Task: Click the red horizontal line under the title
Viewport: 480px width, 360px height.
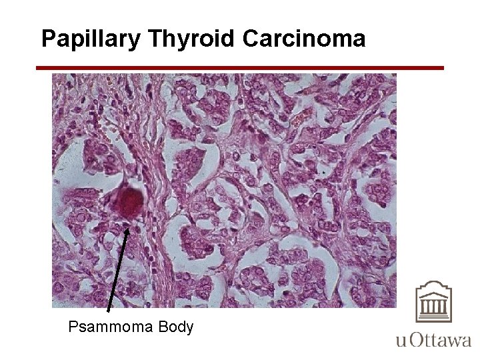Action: pyautogui.click(x=239, y=68)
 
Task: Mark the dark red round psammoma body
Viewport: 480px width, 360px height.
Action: pyautogui.click(x=131, y=201)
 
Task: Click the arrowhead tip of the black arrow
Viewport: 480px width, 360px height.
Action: pyautogui.click(x=128, y=227)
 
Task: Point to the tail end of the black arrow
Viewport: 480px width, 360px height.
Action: pyautogui.click(x=109, y=311)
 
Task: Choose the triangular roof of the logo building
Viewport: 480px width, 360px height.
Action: pyautogui.click(x=434, y=288)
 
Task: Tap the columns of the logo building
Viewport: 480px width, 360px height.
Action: pyautogui.click(x=434, y=307)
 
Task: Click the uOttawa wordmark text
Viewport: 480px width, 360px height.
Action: pyautogui.click(x=433, y=341)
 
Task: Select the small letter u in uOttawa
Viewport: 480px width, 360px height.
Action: pyautogui.click(x=401, y=342)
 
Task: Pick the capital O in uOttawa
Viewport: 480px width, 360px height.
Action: pyautogui.click(x=414, y=340)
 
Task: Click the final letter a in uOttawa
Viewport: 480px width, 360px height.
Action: pyautogui.click(x=465, y=342)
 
